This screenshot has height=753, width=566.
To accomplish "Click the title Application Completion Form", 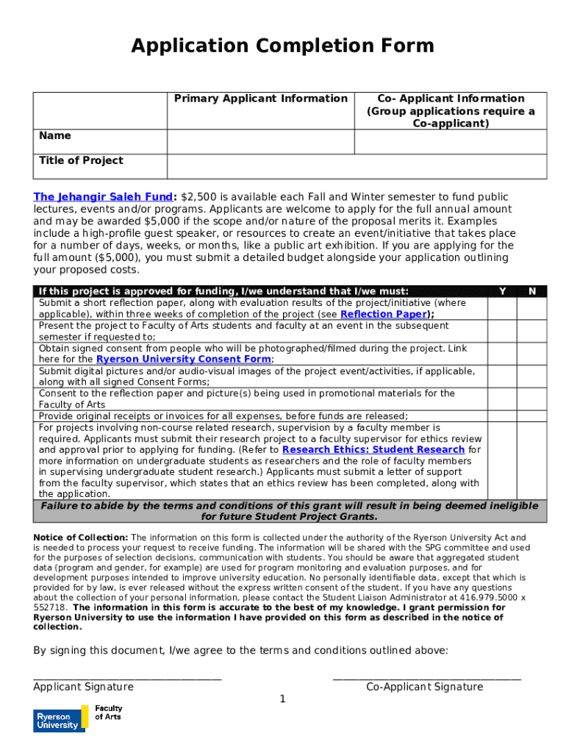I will point(282,46).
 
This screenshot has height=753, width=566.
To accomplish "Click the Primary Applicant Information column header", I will point(260,99).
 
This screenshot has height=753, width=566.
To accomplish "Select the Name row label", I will point(55,135).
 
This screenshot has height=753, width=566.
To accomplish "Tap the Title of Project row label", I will point(81,160).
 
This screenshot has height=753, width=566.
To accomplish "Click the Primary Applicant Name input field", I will point(260,142).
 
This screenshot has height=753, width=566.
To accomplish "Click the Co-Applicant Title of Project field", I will point(451,166).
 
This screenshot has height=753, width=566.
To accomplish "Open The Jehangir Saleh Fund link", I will point(102,197).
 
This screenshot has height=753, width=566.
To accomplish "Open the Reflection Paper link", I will point(383,314).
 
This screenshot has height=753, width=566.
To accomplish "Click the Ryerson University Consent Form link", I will point(184,360).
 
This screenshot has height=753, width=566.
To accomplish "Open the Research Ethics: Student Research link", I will point(373,449).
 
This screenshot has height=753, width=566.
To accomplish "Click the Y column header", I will point(501,291).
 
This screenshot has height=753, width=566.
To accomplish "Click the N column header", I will point(531,291).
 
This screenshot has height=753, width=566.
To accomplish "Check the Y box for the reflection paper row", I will point(501,309).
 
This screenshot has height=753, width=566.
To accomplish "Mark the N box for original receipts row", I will point(531,416).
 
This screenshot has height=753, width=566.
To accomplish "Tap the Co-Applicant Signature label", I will point(425,687).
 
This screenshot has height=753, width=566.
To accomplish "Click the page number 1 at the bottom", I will point(282,699).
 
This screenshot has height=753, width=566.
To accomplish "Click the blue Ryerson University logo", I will point(56,720).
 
